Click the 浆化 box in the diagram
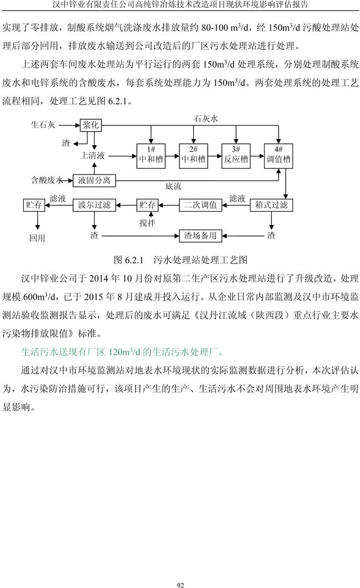(x=91, y=125)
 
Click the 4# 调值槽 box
(x=279, y=155)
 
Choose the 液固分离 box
(x=94, y=180)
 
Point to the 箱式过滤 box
(x=271, y=205)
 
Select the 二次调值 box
(x=200, y=205)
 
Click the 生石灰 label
(x=43, y=125)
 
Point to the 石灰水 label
(x=206, y=119)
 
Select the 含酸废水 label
(x=47, y=180)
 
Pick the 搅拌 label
(x=147, y=223)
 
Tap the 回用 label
(x=37, y=238)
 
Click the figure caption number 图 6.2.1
(x=128, y=259)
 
